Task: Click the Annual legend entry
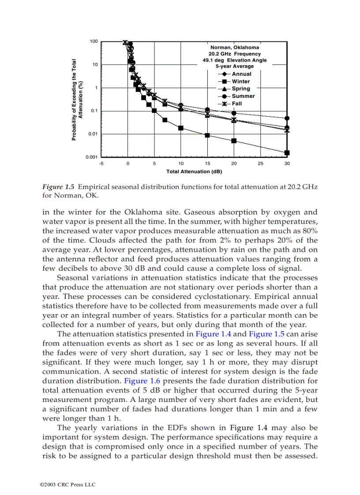[241, 74]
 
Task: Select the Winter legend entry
[240, 82]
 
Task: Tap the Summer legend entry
[243, 96]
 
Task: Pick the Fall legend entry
[236, 104]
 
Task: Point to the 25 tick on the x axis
[260, 164]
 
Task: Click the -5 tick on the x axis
[101, 164]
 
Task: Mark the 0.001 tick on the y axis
[91, 157]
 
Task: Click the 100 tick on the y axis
[94, 41]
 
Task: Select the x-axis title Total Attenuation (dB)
[194, 171]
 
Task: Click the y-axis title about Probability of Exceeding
[77, 100]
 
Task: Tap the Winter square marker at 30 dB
[287, 153]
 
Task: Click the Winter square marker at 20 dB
[234, 141]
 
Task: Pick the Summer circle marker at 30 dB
[287, 118]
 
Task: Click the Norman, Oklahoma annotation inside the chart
[234, 47]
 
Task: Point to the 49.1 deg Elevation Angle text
[234, 60]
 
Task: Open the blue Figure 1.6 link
[140, 381]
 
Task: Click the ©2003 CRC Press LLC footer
[67, 485]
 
